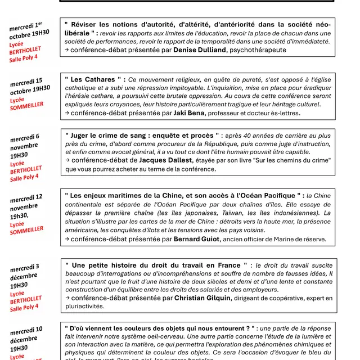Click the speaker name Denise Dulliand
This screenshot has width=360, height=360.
tap(200, 50)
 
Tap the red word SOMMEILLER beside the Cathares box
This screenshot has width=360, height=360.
tap(27, 106)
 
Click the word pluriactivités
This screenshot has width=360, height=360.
tap(84, 307)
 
